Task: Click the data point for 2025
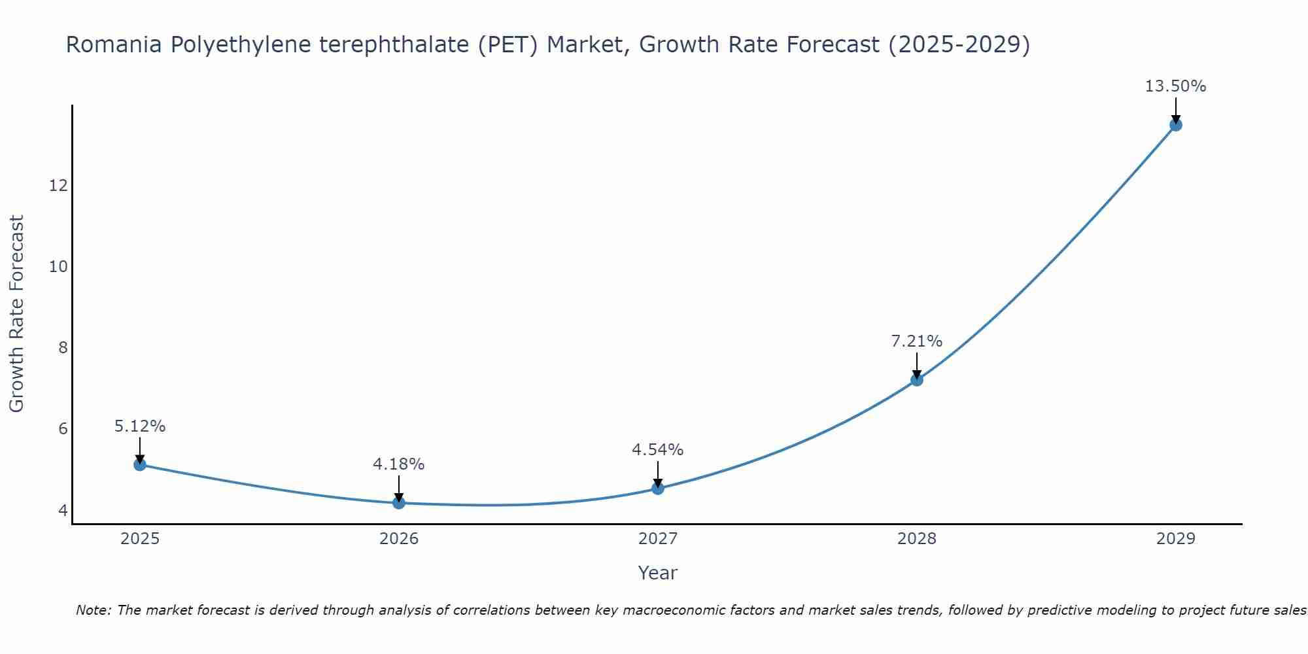(140, 464)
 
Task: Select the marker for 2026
(399, 502)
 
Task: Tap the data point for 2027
(658, 488)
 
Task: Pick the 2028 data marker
(917, 379)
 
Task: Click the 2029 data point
(1176, 125)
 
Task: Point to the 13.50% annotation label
(1175, 86)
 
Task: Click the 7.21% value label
(916, 341)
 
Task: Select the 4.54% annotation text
(657, 449)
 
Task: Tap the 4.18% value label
(398, 464)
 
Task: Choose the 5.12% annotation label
(140, 426)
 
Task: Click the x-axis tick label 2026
(399, 539)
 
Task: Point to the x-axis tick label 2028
(917, 539)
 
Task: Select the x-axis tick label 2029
(1176, 539)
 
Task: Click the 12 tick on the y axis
(58, 186)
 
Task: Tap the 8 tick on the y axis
(63, 347)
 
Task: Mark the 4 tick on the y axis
(63, 509)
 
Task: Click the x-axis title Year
(657, 573)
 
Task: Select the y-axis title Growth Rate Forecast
(16, 314)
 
